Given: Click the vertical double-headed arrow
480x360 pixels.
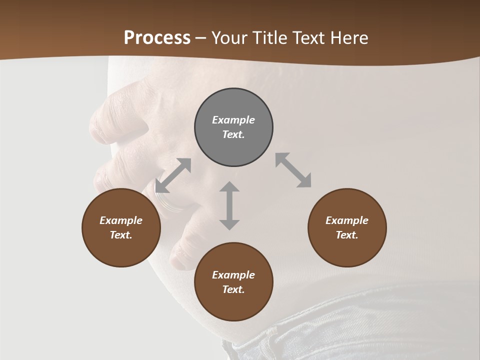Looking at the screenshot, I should (x=229, y=205).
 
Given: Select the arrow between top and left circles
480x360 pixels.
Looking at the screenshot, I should (x=173, y=175).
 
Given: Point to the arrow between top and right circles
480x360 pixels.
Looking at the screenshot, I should (x=293, y=170).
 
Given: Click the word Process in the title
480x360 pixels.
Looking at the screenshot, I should (x=157, y=37).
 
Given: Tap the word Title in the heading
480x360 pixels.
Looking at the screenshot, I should (x=270, y=37).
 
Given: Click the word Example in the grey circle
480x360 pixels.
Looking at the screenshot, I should (x=233, y=120).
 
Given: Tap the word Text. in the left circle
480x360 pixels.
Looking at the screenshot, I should (x=121, y=235).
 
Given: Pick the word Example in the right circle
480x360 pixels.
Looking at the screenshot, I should (x=347, y=220).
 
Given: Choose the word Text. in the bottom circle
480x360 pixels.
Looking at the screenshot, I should (x=233, y=289).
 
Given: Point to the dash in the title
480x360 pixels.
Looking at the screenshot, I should (x=200, y=38).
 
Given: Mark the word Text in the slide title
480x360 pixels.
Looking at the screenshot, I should (x=307, y=37).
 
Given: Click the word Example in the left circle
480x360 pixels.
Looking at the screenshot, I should (x=121, y=220).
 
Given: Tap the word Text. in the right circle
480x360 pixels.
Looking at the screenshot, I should (x=347, y=235).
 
